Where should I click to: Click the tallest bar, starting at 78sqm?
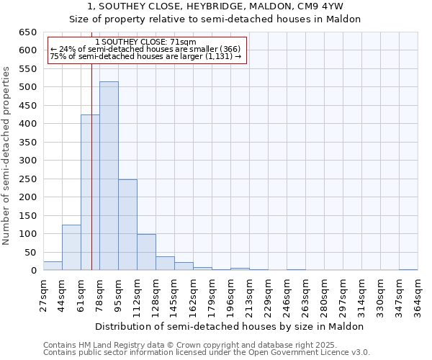click(x=109, y=176)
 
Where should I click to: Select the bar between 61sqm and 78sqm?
click(x=90, y=193)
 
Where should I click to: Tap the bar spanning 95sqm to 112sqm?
click(x=127, y=225)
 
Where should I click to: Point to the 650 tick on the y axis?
click(x=27, y=32)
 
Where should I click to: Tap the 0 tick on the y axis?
click(x=33, y=271)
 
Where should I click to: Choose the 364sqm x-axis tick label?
click(x=418, y=294)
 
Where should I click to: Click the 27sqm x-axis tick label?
click(x=43, y=294)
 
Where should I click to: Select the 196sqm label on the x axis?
click(x=230, y=294)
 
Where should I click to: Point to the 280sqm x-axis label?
click(x=324, y=294)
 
